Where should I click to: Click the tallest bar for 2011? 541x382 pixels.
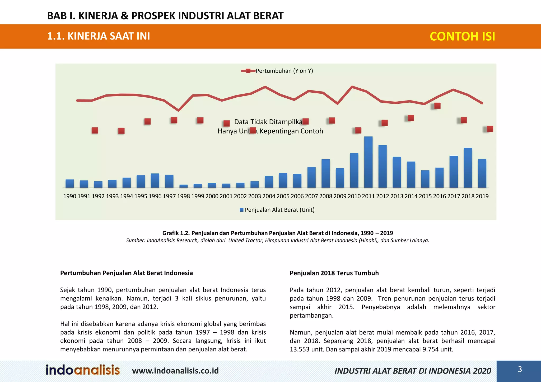pos(368,162)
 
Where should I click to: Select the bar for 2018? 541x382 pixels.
pos(468,168)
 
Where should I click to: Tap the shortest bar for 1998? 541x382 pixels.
pos(183,186)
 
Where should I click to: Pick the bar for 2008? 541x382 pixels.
pos(326,173)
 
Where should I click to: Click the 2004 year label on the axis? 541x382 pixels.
pos(269,196)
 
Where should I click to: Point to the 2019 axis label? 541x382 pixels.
pos(482,196)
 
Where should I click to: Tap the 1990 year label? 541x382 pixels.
pos(70,196)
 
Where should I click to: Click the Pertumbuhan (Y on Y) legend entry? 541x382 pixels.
pos(284,71)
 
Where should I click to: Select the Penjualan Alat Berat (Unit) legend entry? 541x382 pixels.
pos(279,210)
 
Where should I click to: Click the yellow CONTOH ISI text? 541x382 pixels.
pos(462,36)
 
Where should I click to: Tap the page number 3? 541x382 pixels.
pos(520,369)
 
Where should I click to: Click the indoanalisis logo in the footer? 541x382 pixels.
pos(83,370)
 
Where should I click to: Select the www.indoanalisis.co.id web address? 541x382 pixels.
pos(175,371)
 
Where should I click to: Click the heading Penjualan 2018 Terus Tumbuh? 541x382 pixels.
pos(334,273)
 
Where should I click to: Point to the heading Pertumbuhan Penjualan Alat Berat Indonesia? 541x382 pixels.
pos(127,273)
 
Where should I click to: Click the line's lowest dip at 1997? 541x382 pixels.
pos(178,110)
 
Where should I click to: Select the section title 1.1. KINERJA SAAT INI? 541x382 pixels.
pos(99,36)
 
